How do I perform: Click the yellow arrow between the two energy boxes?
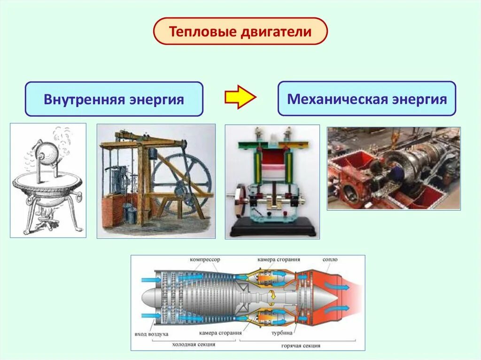click(240, 97)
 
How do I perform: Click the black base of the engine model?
click(272, 230)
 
